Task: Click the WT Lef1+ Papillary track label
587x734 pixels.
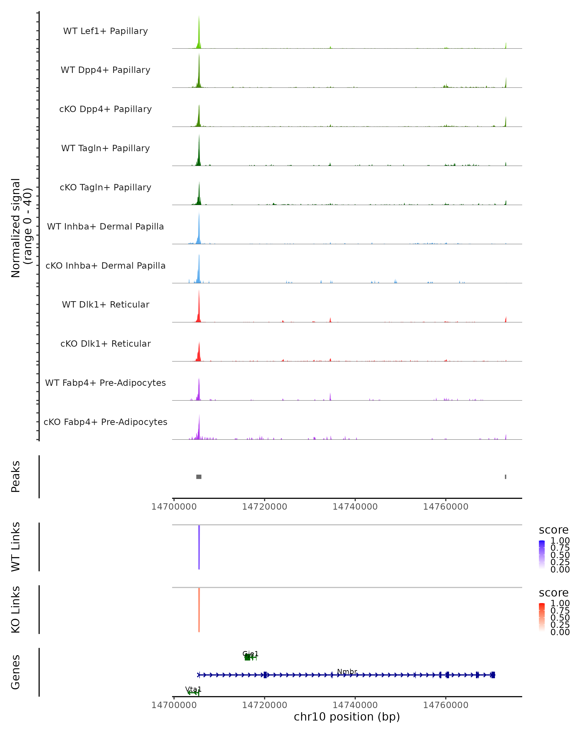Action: (x=105, y=31)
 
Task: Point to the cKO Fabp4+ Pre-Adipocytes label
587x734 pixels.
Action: (x=105, y=422)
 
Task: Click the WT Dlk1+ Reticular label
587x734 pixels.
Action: (x=105, y=304)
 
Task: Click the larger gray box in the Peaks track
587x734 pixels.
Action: (x=199, y=477)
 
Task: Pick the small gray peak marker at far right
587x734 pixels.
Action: (x=505, y=477)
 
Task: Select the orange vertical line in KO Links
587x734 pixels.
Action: (x=199, y=609)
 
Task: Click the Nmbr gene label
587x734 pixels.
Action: (x=347, y=671)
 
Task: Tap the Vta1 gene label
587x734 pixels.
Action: (x=193, y=689)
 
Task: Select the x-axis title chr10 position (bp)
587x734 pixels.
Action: (x=347, y=717)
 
